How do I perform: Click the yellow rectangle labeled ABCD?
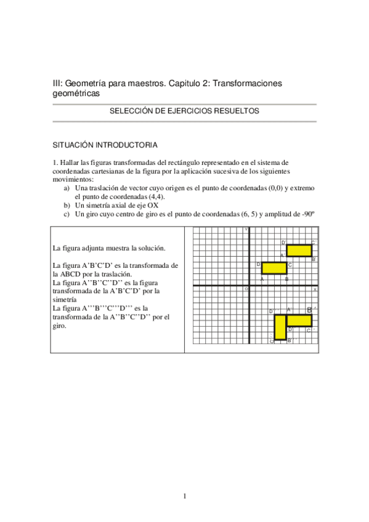point(274,268)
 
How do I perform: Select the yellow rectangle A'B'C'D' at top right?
point(299,250)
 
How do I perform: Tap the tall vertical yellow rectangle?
point(280,327)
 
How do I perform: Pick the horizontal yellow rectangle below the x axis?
point(299,320)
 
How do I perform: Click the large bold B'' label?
point(310,310)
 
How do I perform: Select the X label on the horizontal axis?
point(315,289)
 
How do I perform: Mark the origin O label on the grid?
point(246,289)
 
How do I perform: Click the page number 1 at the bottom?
point(184,496)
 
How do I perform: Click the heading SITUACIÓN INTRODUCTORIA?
point(105,145)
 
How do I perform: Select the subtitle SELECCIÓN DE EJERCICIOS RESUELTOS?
point(184,111)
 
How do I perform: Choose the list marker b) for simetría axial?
point(67,206)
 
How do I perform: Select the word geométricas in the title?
point(75,93)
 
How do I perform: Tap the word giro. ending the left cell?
point(60,326)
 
